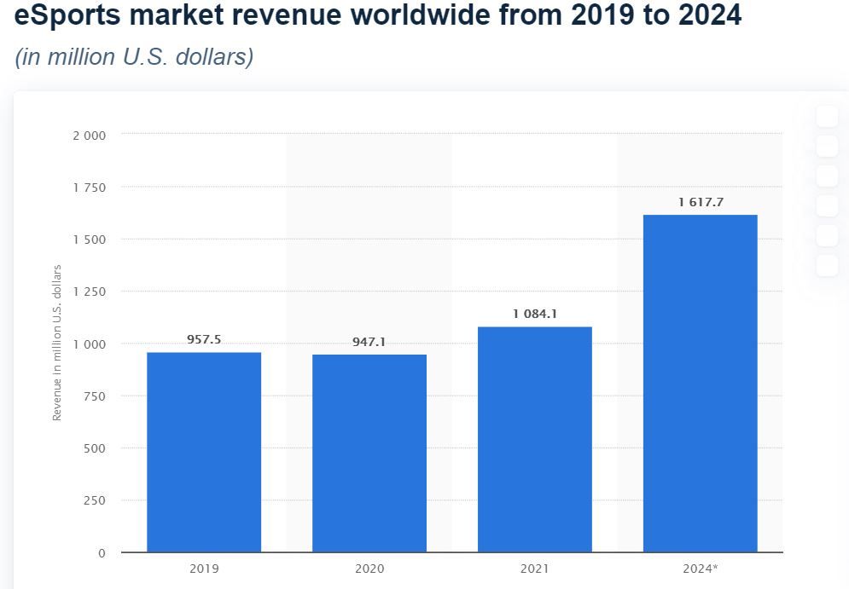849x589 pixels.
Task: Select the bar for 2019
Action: (204, 452)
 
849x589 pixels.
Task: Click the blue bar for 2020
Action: (369, 453)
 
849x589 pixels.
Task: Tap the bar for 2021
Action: (535, 439)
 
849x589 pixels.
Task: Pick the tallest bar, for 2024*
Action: (700, 384)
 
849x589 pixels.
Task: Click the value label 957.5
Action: (204, 339)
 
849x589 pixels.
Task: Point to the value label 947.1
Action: (369, 342)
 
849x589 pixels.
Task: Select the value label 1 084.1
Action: (535, 314)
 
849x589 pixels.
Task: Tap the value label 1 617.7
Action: (700, 202)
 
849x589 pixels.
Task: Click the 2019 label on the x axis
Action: (204, 569)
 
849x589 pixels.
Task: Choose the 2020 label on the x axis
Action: (369, 569)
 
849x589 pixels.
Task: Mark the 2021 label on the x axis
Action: (535, 569)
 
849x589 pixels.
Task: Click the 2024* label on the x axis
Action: (701, 569)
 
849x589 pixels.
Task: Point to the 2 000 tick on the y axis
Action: (90, 135)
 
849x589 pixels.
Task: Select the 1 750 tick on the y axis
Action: (90, 188)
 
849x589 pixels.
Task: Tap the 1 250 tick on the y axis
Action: (90, 292)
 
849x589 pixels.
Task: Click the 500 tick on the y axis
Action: (95, 448)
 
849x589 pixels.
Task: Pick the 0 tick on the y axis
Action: (102, 553)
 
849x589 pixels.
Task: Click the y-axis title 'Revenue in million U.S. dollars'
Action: (57, 343)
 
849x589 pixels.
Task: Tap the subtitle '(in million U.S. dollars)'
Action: (134, 58)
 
